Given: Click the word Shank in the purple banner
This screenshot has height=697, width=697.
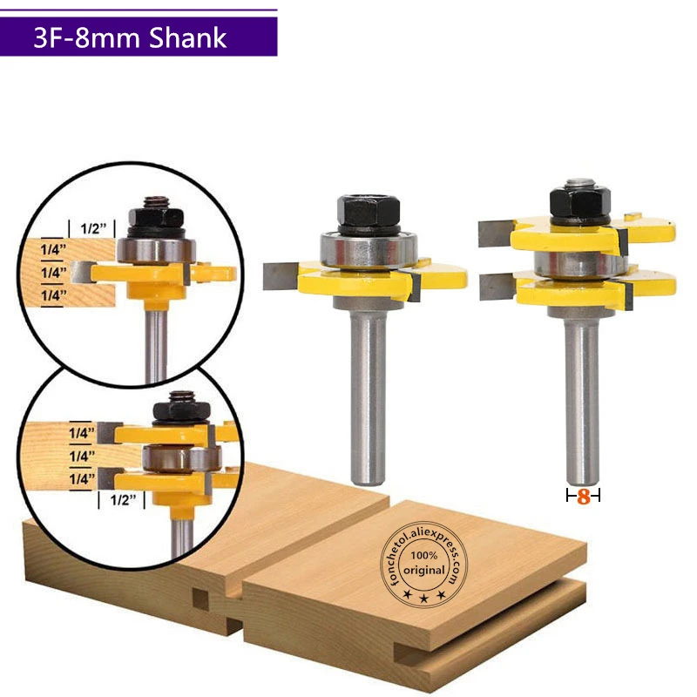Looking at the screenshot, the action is point(187,37).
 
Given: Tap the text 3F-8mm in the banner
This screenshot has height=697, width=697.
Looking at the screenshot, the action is point(88,37).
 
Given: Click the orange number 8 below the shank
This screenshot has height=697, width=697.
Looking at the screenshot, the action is point(584,497).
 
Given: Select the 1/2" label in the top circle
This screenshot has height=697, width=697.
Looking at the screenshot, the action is point(93,228).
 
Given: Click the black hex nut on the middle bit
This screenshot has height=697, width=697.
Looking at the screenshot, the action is point(369,212).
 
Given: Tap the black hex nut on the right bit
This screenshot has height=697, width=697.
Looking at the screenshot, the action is point(579,201).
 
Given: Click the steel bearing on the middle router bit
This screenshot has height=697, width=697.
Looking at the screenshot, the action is point(369,249).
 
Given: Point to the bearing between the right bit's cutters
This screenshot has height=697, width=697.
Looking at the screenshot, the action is point(580,264).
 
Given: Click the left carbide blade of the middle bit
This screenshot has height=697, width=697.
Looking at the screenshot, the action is point(280,276).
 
